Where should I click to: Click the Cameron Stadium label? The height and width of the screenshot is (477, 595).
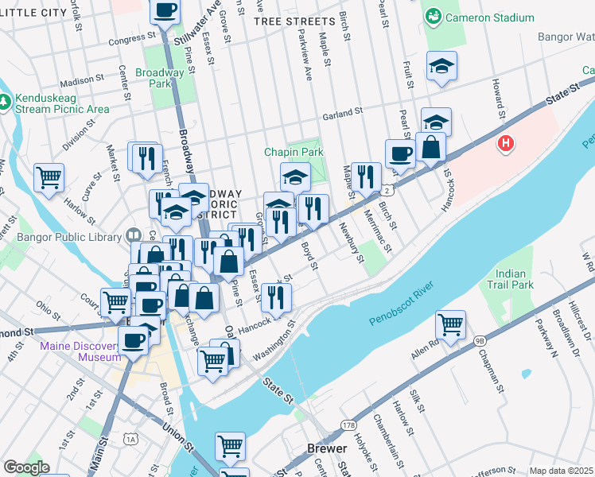488,17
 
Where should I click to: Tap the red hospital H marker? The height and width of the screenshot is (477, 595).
504,144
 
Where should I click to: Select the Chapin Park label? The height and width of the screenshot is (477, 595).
294,152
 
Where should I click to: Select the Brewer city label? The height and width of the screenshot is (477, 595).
327,448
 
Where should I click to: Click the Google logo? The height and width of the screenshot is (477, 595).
25,467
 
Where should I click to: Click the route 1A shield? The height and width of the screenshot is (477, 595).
130,438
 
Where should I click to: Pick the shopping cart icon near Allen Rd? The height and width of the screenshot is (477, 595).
451,324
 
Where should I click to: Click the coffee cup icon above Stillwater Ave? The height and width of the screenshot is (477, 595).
165,11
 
